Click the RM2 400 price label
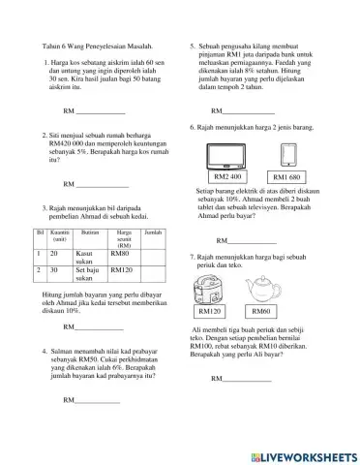click(228, 177)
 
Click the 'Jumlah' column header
click(153, 233)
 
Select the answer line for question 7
click(242, 379)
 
